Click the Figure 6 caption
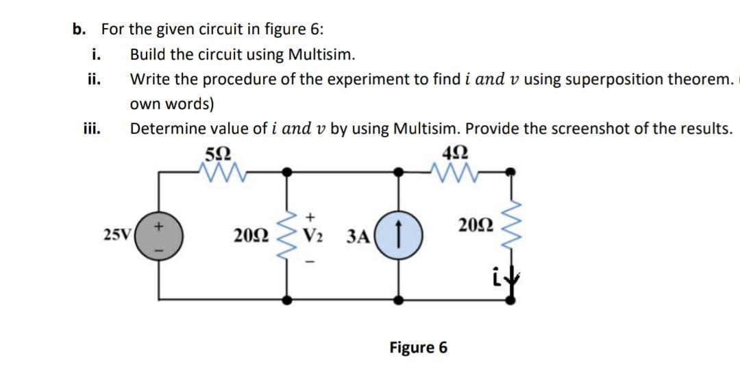pyautogui.click(x=418, y=347)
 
